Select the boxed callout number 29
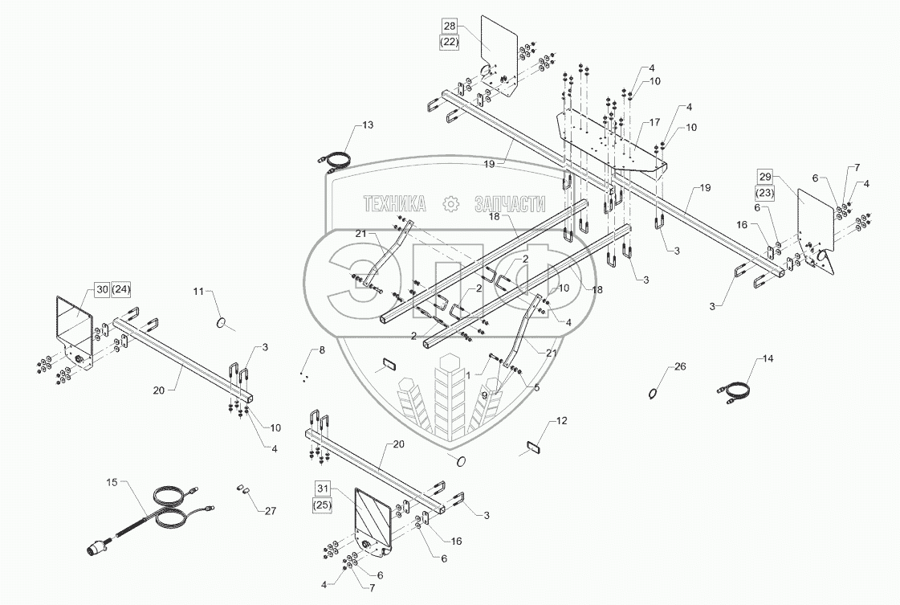click(x=764, y=176)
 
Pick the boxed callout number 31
click(x=322, y=488)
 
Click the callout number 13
click(x=368, y=125)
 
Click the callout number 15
click(x=112, y=482)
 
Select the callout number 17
click(x=655, y=123)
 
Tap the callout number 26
click(x=681, y=367)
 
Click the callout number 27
click(x=270, y=509)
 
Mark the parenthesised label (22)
click(x=449, y=43)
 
